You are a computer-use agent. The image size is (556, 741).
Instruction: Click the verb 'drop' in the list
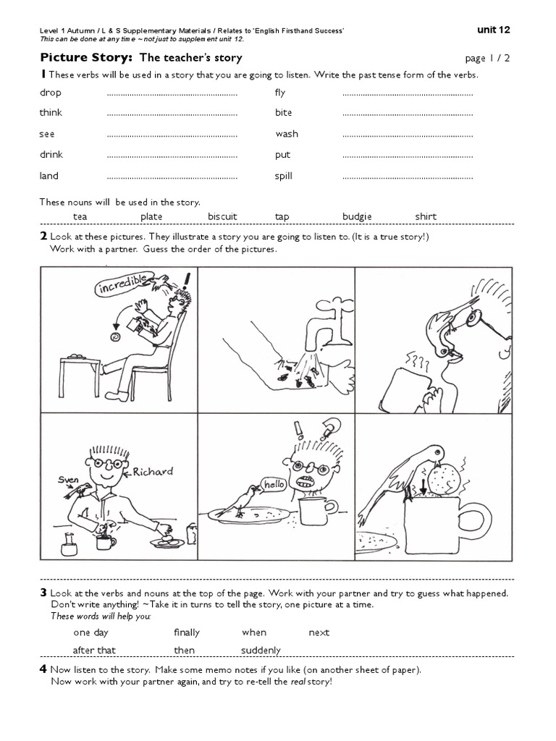pos(51,93)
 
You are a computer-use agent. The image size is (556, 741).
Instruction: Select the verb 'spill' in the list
pos(284,176)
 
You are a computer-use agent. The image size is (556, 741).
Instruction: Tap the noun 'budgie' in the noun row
pos(357,216)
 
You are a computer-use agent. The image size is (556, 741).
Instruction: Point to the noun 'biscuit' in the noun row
pos(222,216)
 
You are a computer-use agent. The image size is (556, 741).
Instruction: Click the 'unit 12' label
pos(494,30)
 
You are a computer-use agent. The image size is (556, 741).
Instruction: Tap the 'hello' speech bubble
pos(274,484)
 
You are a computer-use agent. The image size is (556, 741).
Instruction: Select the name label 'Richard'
pos(153,472)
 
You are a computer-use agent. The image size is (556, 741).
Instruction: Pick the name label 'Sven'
pos(68,479)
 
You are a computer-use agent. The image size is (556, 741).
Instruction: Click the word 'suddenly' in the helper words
pos(261,650)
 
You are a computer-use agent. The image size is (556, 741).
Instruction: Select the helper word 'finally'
pos(187,632)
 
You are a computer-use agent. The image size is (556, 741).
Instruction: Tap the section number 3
pos(43,593)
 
